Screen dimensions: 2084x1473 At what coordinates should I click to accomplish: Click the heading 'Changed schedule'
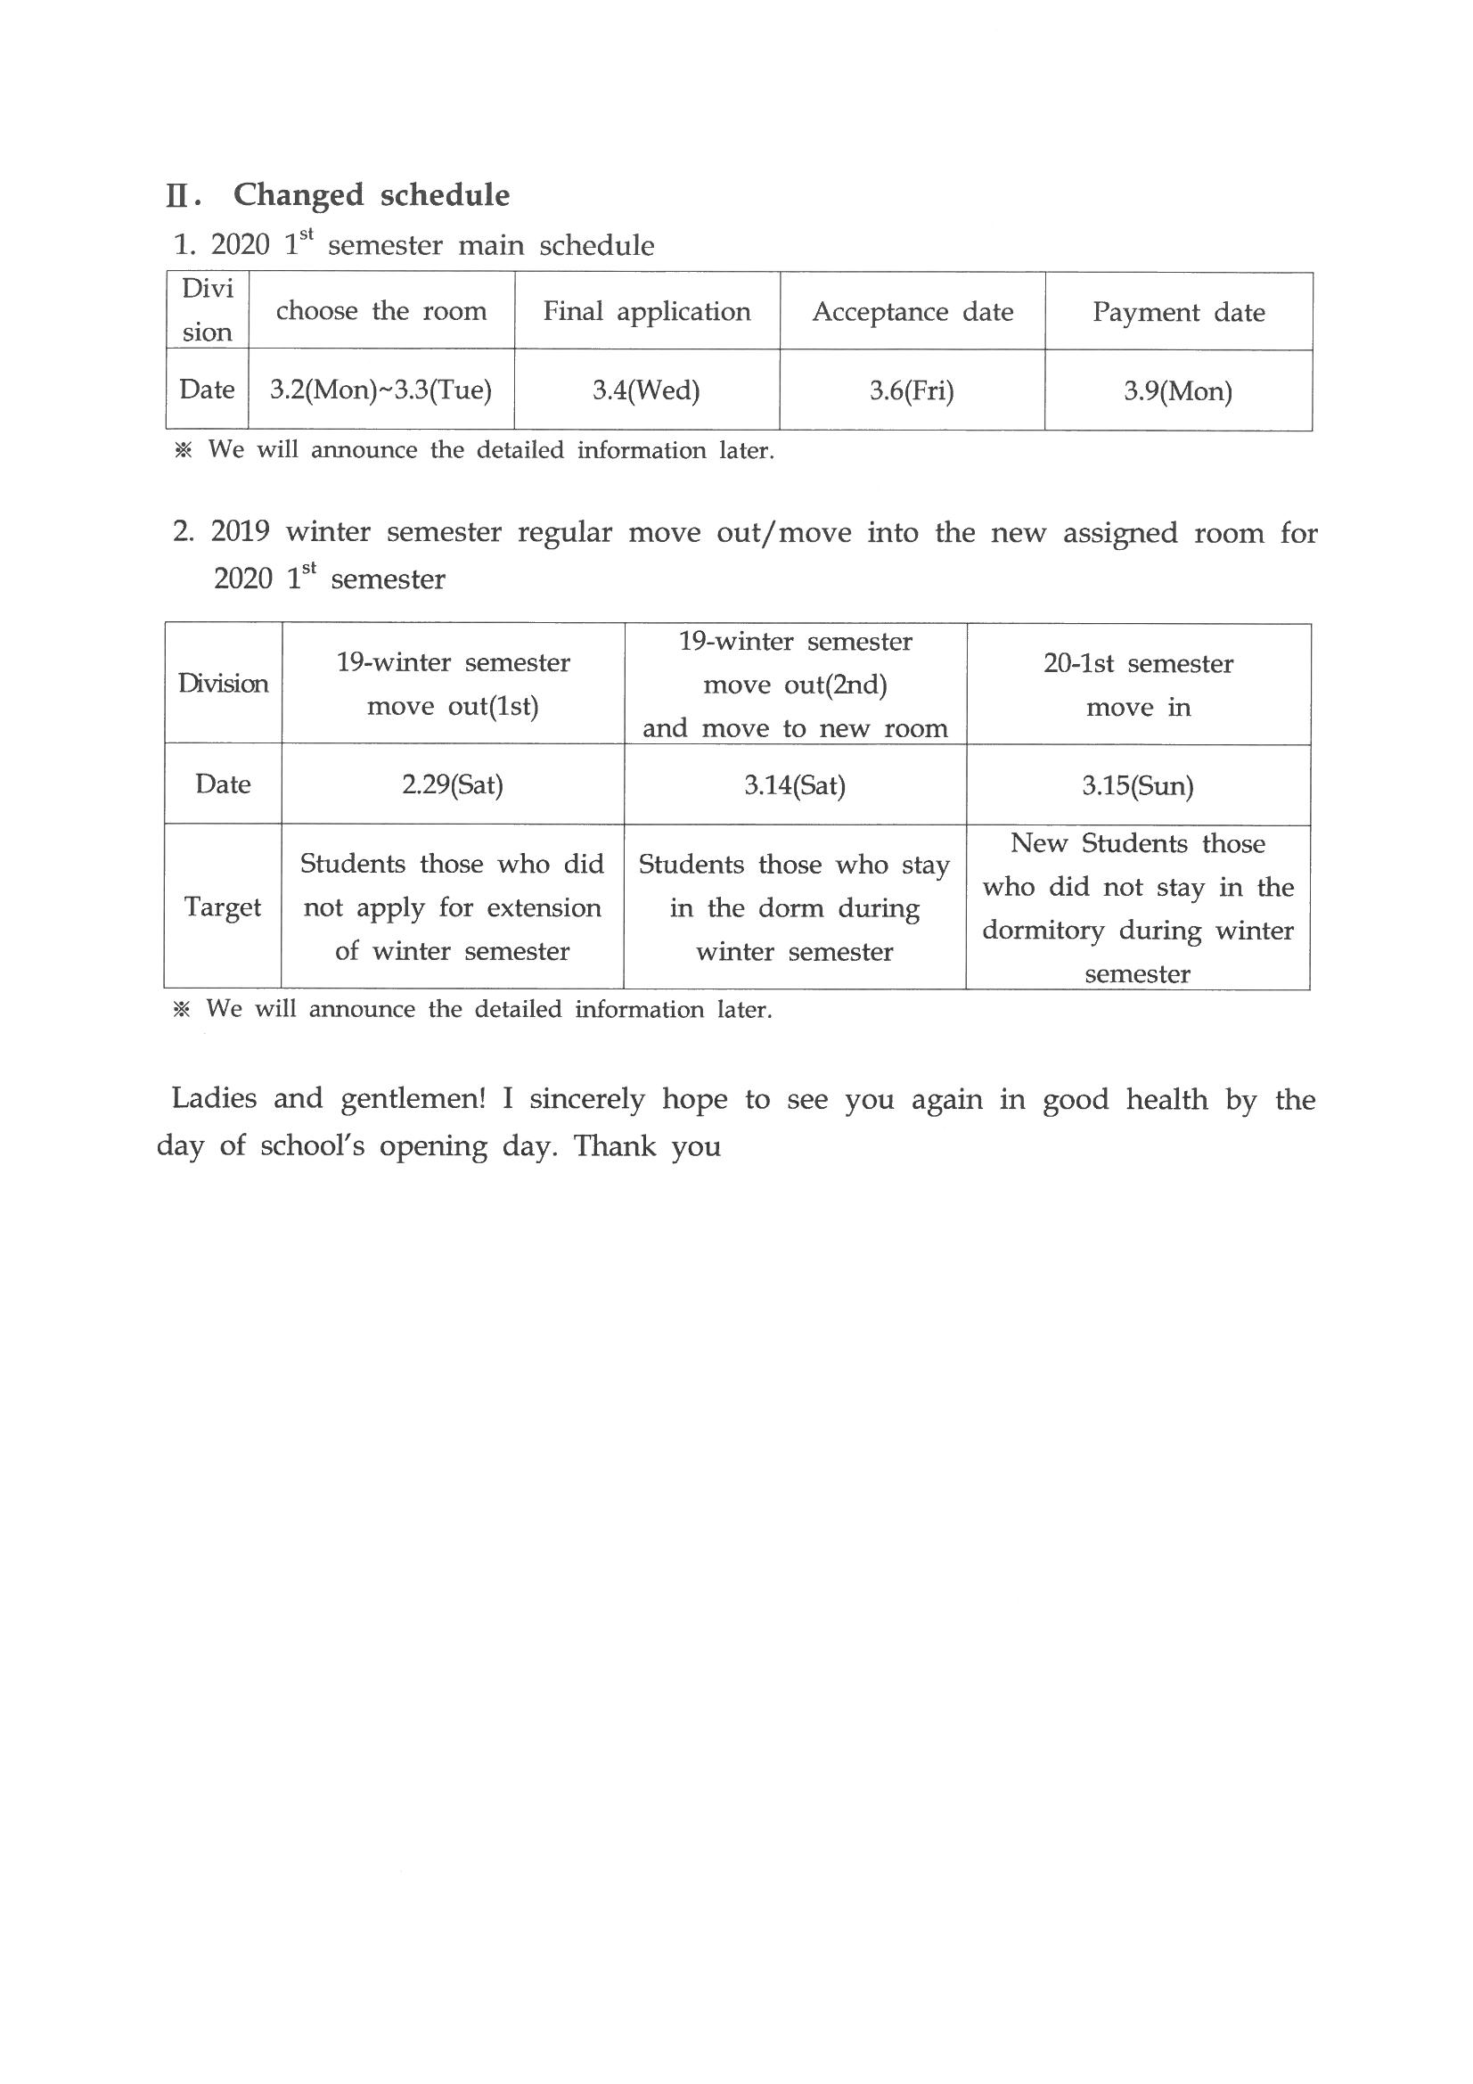point(372,195)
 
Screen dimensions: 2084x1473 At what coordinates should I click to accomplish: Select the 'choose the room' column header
point(381,311)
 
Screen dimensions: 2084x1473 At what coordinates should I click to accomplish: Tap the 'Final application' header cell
point(647,311)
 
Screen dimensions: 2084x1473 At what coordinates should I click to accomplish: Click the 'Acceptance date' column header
point(912,312)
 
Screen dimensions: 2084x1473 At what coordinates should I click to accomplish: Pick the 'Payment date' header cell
point(1178,312)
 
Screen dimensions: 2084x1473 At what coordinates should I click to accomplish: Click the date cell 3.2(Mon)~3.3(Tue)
point(381,390)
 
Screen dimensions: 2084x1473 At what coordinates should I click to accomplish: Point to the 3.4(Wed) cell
point(646,390)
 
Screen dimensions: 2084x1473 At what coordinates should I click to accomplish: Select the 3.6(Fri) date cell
point(912,391)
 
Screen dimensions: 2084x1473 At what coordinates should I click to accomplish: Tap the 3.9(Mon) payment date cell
point(1178,391)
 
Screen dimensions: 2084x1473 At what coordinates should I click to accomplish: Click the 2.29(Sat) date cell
point(452,784)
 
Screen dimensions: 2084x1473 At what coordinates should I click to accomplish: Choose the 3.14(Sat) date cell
point(795,785)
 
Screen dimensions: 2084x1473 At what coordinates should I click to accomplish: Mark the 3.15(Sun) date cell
point(1137,786)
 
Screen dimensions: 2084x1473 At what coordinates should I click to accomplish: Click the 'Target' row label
point(223,907)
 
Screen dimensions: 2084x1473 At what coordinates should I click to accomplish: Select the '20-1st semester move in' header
point(1138,685)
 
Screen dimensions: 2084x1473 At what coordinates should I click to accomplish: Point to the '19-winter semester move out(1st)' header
point(453,685)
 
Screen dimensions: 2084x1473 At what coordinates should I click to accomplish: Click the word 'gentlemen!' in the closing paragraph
point(413,1099)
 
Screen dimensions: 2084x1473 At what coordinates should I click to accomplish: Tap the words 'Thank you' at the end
point(647,1146)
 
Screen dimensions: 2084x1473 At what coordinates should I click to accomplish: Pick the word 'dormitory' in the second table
point(1043,931)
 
